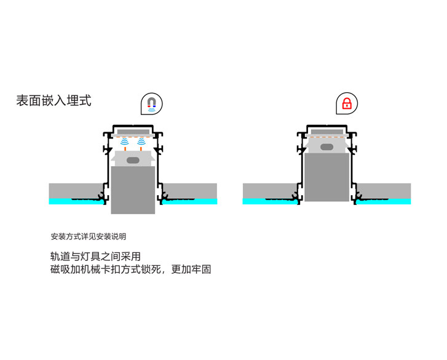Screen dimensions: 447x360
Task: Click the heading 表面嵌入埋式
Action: [x=53, y=101]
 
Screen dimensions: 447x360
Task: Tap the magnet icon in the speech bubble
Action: [x=152, y=104]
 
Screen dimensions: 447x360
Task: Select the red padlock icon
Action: [x=347, y=103]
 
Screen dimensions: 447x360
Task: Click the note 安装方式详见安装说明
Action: [x=89, y=236]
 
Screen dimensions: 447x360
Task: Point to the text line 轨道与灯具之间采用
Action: [x=95, y=257]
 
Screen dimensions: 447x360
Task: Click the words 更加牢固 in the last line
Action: [x=191, y=270]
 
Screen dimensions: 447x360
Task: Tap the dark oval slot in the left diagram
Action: [x=133, y=160]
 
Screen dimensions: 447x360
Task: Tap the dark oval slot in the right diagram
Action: [x=326, y=147]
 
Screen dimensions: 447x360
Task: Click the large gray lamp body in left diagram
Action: [x=133, y=190]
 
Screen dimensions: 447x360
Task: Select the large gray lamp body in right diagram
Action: [x=326, y=177]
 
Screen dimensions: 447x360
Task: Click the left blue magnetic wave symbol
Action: [x=125, y=142]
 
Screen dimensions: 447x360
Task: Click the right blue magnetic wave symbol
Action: [x=141, y=142]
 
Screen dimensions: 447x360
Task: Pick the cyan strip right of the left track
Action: [x=189, y=201]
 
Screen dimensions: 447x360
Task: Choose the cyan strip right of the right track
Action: [x=384, y=201]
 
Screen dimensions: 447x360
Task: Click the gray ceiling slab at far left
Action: [x=76, y=191]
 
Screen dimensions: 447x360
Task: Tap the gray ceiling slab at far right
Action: [x=384, y=191]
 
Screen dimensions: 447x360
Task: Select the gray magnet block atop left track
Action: [x=133, y=132]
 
